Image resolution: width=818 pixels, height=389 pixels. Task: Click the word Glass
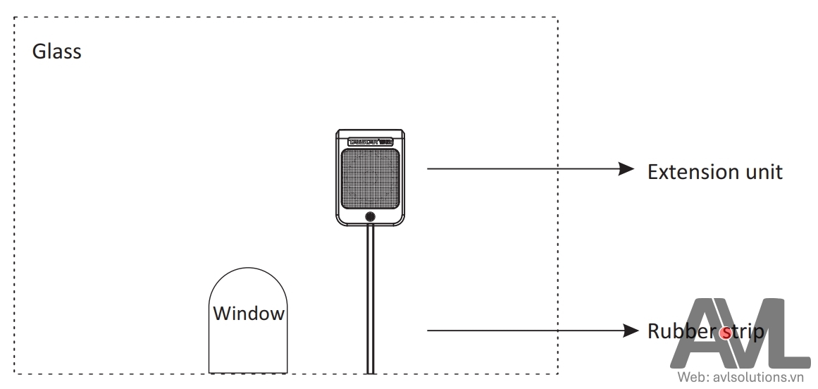57,51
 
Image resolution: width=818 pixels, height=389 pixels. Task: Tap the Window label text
249,314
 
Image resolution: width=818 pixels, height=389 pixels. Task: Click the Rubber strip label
705,331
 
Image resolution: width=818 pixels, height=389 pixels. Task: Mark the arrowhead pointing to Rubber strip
631,330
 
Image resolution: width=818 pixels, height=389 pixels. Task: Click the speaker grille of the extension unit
370,178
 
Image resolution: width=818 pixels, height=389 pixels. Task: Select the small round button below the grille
370,217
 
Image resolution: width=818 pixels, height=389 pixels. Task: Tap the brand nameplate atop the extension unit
370,141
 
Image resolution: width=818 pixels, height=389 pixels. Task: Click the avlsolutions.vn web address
758,378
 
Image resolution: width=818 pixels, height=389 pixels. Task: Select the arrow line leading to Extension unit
521,168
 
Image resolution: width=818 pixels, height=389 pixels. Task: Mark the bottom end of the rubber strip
370,371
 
